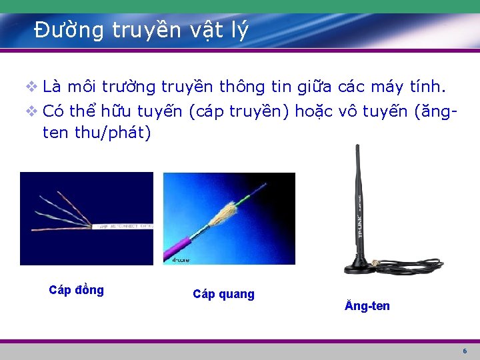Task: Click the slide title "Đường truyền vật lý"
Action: [141, 30]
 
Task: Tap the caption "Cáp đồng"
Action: [77, 290]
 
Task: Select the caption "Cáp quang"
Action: [223, 294]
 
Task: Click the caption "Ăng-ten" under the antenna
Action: [367, 306]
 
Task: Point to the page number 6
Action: [465, 351]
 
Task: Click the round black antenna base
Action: [362, 268]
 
